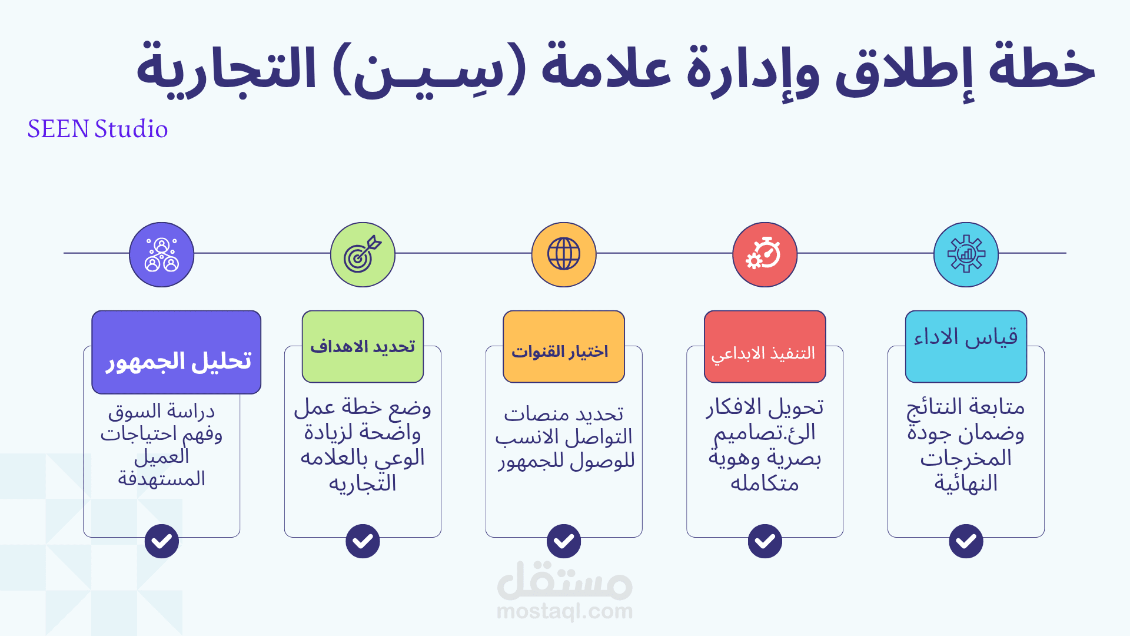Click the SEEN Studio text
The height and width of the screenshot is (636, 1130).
click(x=98, y=129)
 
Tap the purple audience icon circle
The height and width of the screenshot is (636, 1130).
click(x=162, y=254)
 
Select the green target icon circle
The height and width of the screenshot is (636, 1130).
click(x=363, y=254)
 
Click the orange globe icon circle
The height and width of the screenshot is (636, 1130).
click(x=564, y=254)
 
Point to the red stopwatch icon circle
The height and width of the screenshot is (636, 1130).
click(x=765, y=254)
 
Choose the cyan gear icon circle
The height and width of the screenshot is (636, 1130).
click(x=966, y=254)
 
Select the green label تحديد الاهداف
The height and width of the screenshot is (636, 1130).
click(x=363, y=347)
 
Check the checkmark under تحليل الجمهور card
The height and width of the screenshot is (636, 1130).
click(x=162, y=541)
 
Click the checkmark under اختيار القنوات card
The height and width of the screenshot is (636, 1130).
click(x=564, y=541)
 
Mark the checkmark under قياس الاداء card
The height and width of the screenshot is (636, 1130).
click(x=966, y=541)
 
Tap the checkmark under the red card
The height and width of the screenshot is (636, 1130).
click(x=765, y=541)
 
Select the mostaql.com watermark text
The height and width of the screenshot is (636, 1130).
click(x=564, y=611)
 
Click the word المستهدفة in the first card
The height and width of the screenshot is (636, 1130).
click(x=162, y=479)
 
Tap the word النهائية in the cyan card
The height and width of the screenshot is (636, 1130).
click(x=966, y=483)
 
